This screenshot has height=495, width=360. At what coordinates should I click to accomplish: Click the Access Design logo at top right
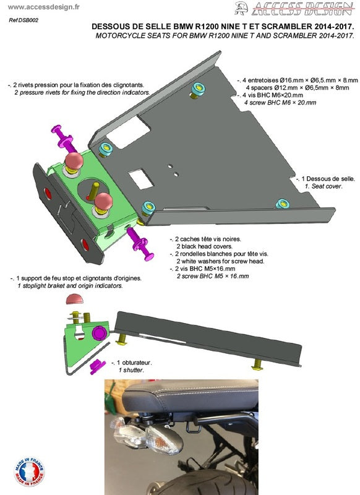[295, 8]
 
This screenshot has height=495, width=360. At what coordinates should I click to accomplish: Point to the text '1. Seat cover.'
[323, 186]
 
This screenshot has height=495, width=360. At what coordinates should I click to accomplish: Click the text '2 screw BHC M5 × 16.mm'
[212, 276]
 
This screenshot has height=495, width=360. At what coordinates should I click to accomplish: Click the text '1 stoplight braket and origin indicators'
[70, 286]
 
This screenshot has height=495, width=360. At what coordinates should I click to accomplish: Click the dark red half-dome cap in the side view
[75, 299]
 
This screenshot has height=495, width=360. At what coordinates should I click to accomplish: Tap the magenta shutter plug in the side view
[96, 367]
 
